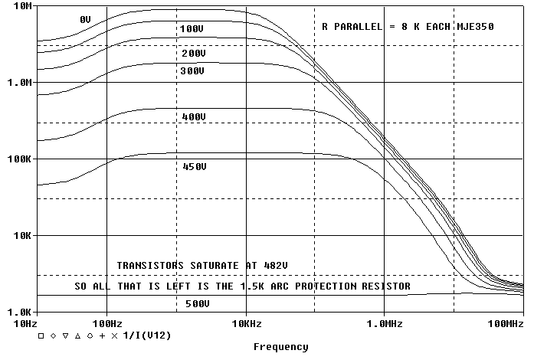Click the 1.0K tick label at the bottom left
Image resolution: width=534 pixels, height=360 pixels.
click(x=21, y=312)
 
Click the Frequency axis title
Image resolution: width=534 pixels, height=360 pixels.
click(x=281, y=347)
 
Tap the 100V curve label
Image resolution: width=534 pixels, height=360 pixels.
click(x=191, y=29)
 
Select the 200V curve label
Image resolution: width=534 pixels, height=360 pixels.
click(x=194, y=54)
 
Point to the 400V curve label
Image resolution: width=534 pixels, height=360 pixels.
click(x=194, y=117)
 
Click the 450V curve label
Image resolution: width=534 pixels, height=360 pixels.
click(x=195, y=166)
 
